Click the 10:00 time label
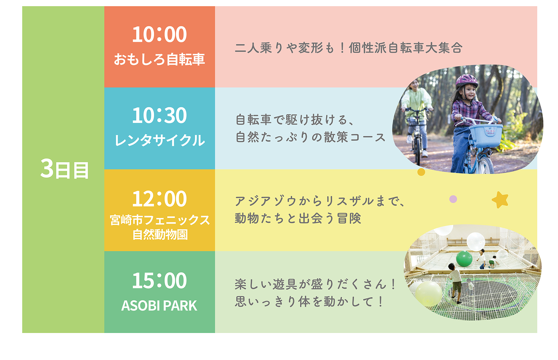point(159,34)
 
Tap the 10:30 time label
point(159,115)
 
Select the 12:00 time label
point(159,199)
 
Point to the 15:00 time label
point(159,280)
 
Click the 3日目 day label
point(64,169)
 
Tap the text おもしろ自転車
point(159,59)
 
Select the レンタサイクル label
point(160,140)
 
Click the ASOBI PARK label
point(159,306)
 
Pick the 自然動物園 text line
point(160,234)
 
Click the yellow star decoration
point(500,200)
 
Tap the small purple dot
point(453,199)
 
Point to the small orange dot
point(421,172)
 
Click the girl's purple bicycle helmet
point(466,81)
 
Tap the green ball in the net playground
point(464,258)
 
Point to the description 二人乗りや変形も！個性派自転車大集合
point(348,48)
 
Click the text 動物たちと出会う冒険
point(298,218)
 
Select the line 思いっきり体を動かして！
point(310,301)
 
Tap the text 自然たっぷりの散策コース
point(310,137)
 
